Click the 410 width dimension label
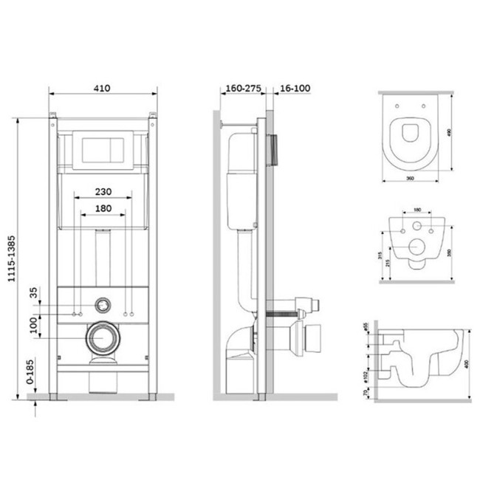click(x=102, y=88)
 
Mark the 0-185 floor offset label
click(x=30, y=374)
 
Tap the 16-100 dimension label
click(x=292, y=88)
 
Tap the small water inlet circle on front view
click(x=103, y=303)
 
